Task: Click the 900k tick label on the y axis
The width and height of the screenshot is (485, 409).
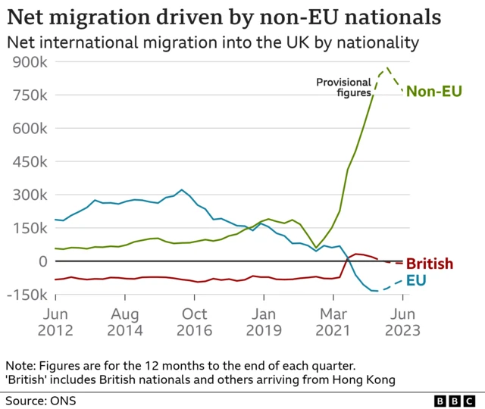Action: (x=29, y=62)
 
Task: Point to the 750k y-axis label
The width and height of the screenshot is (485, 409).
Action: (x=29, y=95)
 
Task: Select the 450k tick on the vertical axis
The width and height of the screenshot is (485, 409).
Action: (x=29, y=162)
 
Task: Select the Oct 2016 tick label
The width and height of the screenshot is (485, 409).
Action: (x=195, y=322)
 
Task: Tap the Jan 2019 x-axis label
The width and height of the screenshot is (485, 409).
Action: (x=264, y=322)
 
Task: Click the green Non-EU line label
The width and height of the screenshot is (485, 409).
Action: (x=433, y=92)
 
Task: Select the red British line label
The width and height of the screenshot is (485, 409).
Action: (x=430, y=264)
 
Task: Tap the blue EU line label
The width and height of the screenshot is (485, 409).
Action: (x=416, y=281)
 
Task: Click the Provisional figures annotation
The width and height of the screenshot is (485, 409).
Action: (x=343, y=87)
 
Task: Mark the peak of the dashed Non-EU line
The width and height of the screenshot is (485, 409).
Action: (x=388, y=68)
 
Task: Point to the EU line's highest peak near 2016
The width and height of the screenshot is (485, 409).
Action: (x=181, y=190)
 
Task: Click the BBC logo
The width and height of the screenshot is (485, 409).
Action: (x=455, y=398)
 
